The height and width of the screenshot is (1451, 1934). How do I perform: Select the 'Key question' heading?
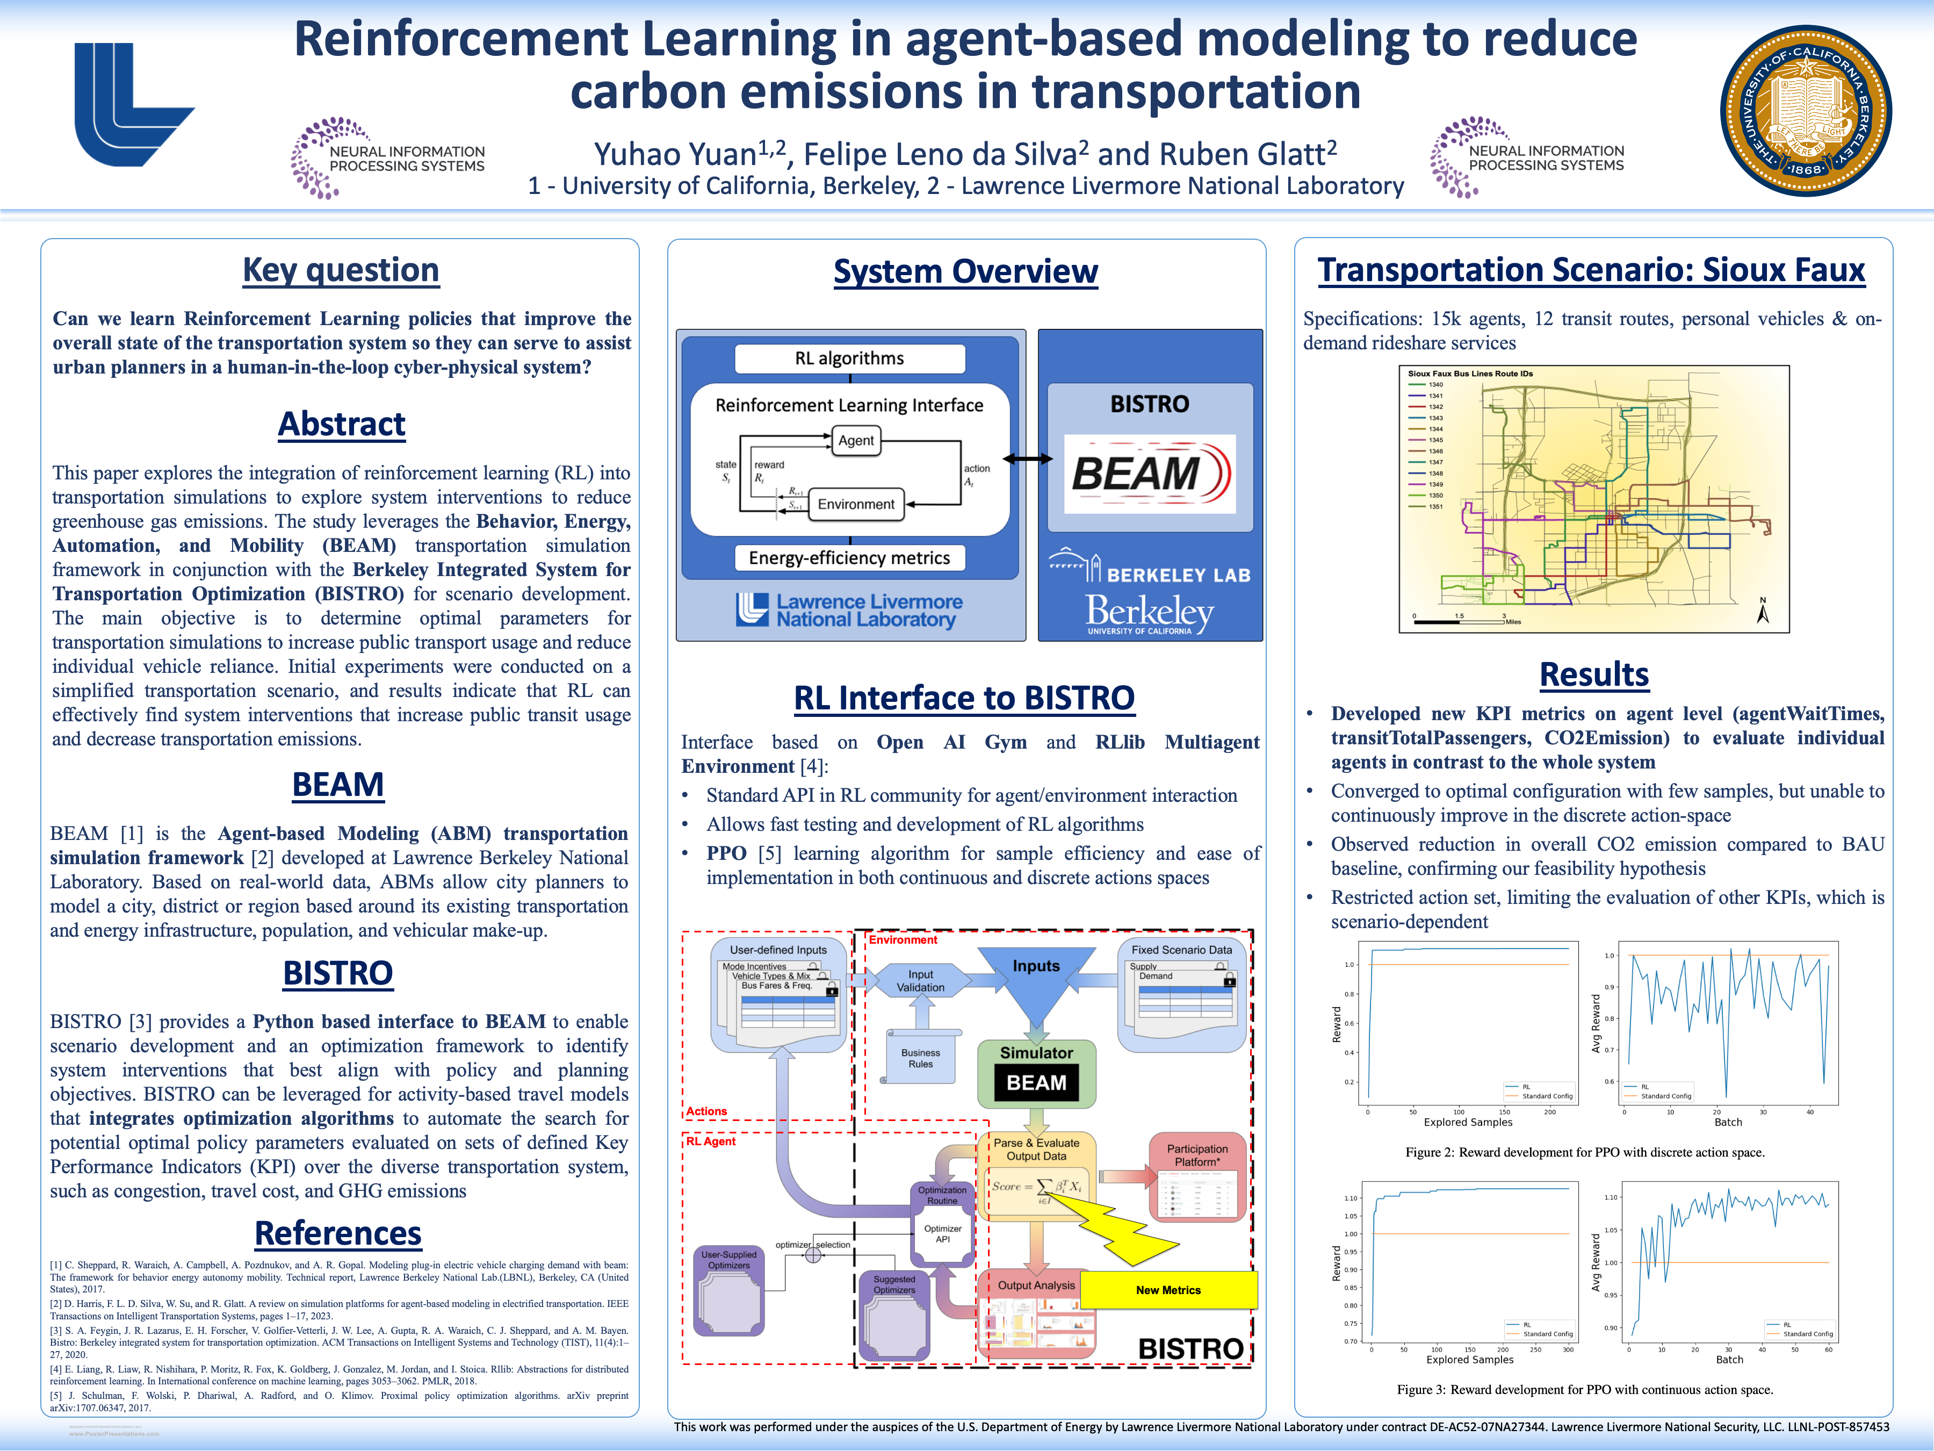(x=341, y=270)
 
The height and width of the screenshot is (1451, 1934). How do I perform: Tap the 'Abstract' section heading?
(x=341, y=424)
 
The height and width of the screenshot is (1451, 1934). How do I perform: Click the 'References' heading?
(x=338, y=1233)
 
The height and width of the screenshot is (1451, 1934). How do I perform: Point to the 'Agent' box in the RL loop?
(x=856, y=441)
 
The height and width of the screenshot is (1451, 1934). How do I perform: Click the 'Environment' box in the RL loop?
(x=855, y=505)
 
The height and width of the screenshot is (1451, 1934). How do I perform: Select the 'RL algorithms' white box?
(x=849, y=358)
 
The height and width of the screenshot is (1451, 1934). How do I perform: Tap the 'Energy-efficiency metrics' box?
(x=849, y=558)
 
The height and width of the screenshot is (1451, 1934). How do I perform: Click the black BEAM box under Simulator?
(x=1036, y=1083)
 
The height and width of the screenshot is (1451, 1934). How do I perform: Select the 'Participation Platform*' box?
(x=1197, y=1155)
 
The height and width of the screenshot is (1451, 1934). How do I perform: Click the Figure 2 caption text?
(x=1584, y=1153)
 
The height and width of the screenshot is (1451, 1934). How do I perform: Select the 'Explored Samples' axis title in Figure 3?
(x=1470, y=1360)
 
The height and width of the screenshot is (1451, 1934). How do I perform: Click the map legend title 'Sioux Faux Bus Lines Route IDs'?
(x=1470, y=373)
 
